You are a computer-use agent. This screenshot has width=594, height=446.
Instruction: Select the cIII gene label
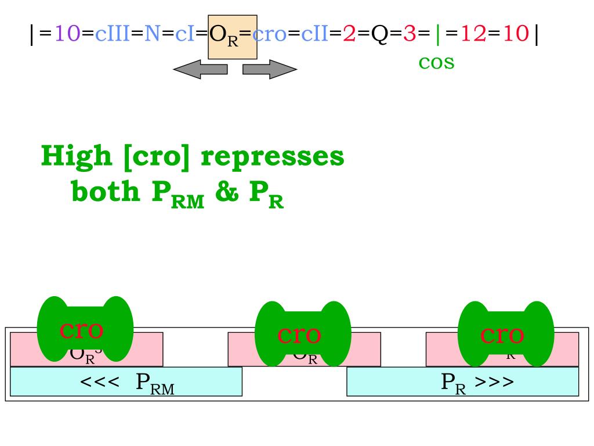[x=113, y=34]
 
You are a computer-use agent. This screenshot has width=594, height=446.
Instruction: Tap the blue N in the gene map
[x=152, y=34]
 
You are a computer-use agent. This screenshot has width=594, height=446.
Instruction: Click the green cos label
[x=436, y=62]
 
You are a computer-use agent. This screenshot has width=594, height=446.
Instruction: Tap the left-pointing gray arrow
[x=200, y=70]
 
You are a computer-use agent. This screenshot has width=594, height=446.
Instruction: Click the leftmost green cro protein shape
[x=85, y=329]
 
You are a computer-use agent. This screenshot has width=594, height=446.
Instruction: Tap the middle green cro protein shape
[x=303, y=334]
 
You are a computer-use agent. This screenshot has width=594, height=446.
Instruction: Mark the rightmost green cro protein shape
[x=506, y=334]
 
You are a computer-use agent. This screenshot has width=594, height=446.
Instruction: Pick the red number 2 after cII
[x=349, y=34]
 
